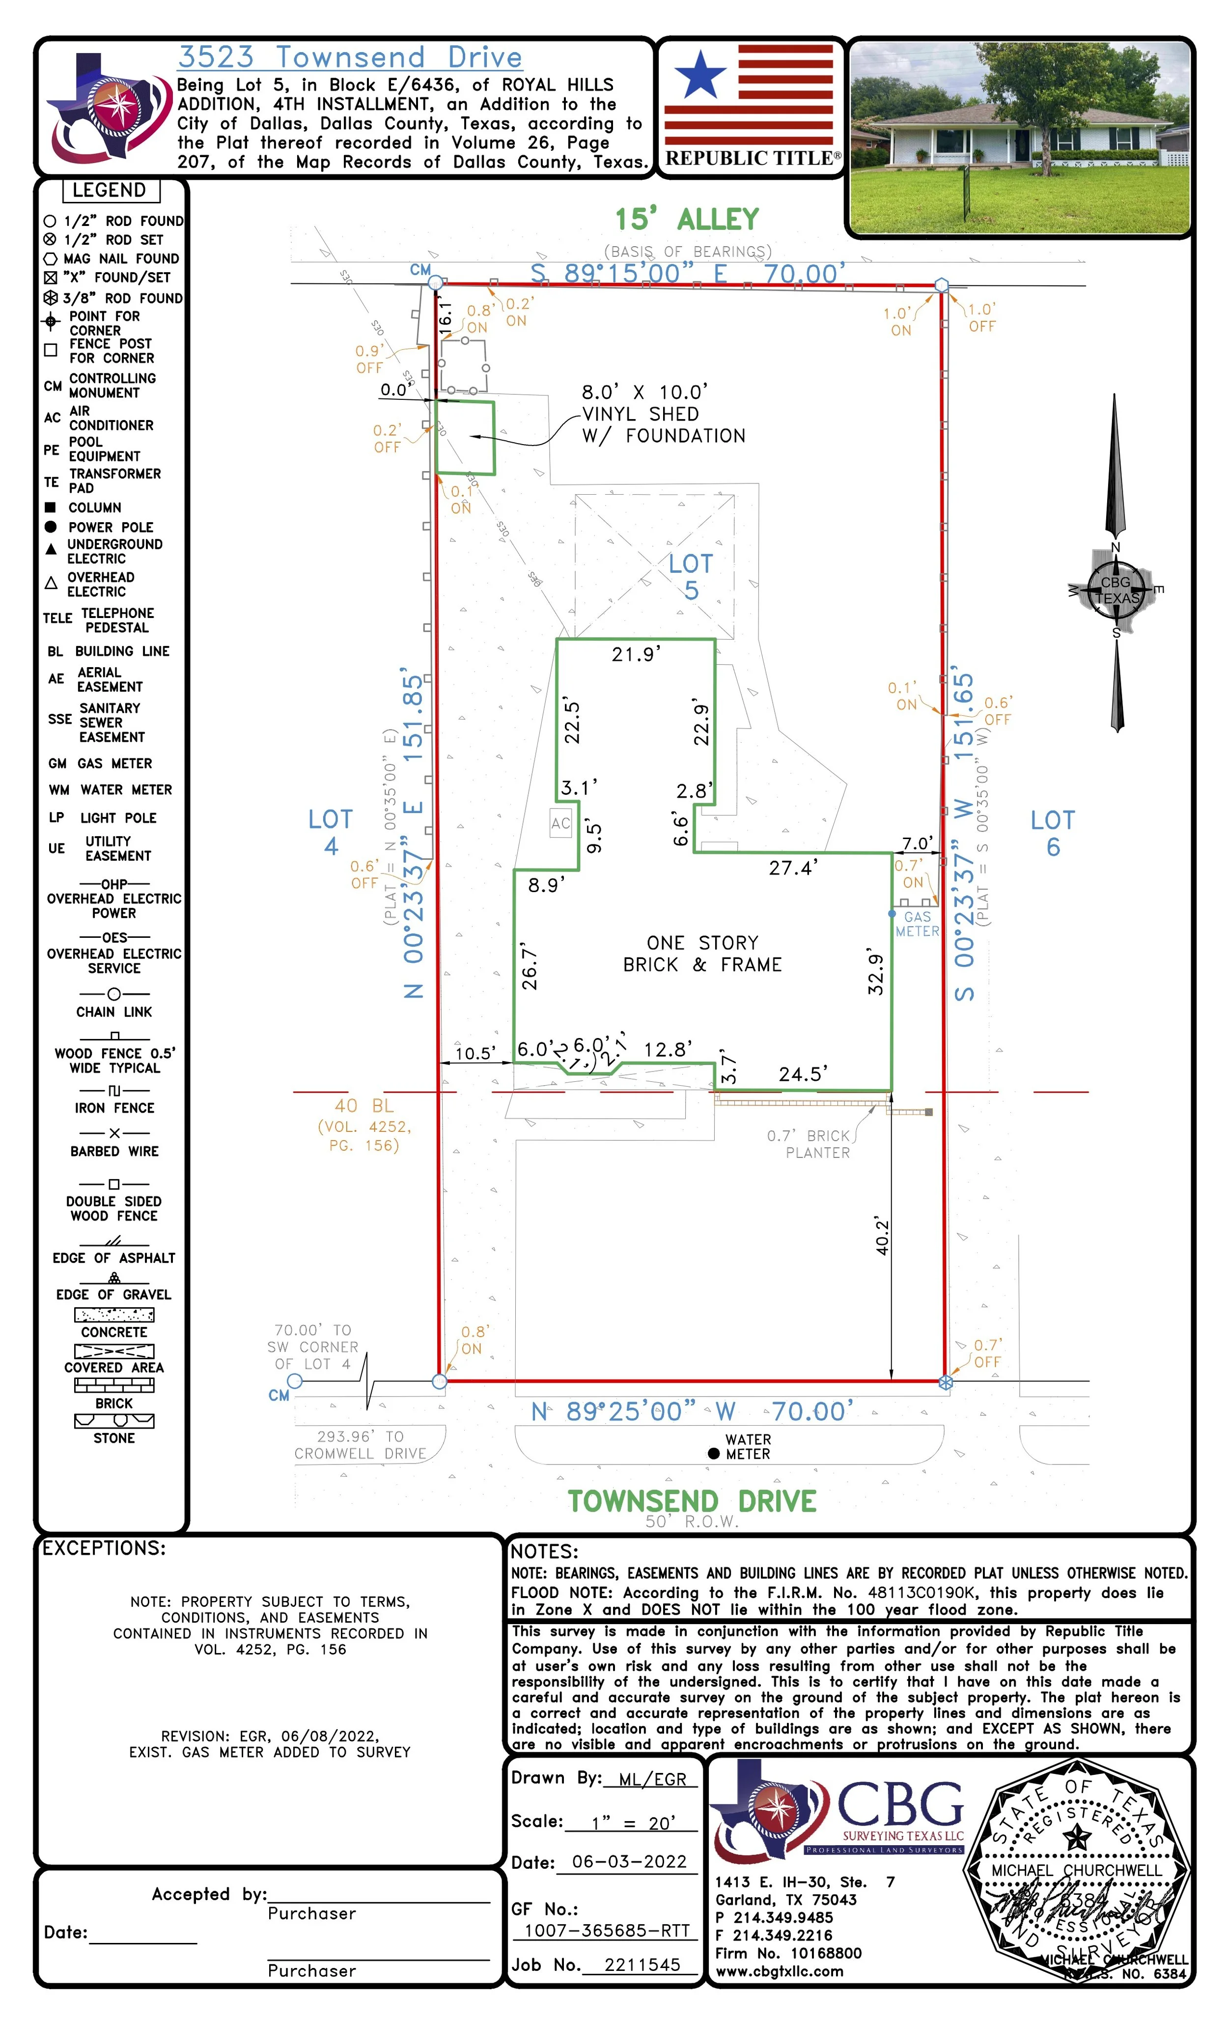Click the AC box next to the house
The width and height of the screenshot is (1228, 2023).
(x=560, y=823)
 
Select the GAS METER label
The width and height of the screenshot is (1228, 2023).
(x=917, y=924)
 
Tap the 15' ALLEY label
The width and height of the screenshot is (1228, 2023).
(x=687, y=219)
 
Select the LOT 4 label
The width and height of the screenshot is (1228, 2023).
(x=330, y=832)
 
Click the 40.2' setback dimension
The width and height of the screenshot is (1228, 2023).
(x=882, y=1236)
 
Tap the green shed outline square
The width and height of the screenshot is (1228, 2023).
(x=465, y=438)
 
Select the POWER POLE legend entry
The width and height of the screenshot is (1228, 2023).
(x=110, y=527)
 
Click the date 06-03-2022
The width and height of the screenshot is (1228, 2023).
(x=629, y=1861)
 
